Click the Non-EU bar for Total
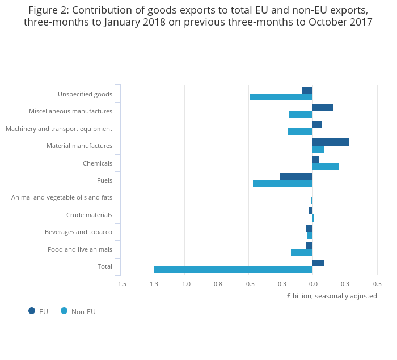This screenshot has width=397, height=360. [x=233, y=270]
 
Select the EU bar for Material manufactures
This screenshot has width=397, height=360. [x=331, y=142]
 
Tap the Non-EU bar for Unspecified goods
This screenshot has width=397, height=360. [x=281, y=97]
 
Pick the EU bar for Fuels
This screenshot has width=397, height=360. [x=296, y=176]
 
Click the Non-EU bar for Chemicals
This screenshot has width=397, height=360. [x=326, y=166]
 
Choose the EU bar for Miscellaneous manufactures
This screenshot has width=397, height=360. [x=323, y=108]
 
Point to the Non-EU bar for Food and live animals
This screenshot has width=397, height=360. [x=302, y=252]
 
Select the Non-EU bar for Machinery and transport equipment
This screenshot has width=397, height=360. [x=300, y=132]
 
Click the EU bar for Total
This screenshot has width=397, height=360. [x=318, y=263]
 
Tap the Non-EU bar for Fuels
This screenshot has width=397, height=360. [x=282, y=183]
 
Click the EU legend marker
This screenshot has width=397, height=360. [x=32, y=311]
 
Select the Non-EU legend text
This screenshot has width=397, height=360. [x=83, y=311]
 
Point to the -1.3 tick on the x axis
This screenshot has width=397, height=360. [x=153, y=284]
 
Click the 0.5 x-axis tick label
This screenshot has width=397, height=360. [x=377, y=284]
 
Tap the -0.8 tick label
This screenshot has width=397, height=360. [x=217, y=284]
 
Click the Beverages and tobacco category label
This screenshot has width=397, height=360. [x=78, y=232]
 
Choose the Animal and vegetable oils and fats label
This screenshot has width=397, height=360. [x=62, y=197]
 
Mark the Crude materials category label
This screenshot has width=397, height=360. [x=89, y=215]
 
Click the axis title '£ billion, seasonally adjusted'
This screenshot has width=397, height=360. [x=332, y=296]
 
